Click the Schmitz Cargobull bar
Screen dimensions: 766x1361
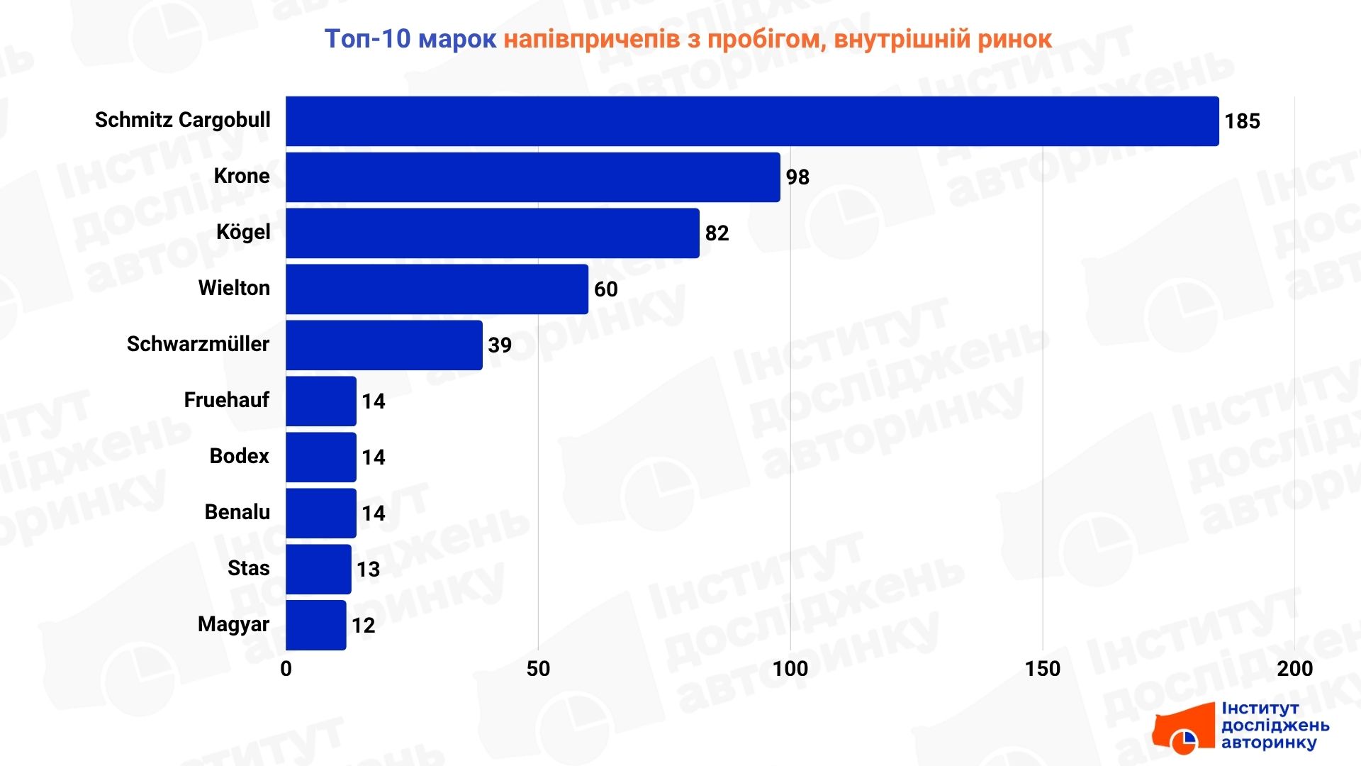tap(751, 121)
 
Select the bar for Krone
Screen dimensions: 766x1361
tap(533, 177)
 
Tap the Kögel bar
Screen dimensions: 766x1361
tap(493, 233)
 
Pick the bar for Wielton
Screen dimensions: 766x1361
tap(437, 289)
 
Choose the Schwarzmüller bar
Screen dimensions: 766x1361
tap(384, 345)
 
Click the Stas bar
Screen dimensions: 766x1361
tap(318, 570)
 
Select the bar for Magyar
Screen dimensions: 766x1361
tap(316, 626)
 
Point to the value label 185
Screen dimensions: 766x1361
tap(1242, 121)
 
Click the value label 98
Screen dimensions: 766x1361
tap(797, 177)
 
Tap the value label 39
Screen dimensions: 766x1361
tap(500, 345)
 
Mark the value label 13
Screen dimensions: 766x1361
tap(368, 570)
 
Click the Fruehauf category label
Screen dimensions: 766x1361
tap(227, 400)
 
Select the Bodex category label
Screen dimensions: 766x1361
tap(240, 456)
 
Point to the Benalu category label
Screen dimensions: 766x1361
tap(237, 512)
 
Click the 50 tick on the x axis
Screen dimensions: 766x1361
tap(538, 669)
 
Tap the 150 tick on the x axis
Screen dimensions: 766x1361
tap(1042, 669)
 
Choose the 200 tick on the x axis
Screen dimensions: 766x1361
tap(1294, 669)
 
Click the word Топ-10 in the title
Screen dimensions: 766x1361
tap(367, 39)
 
